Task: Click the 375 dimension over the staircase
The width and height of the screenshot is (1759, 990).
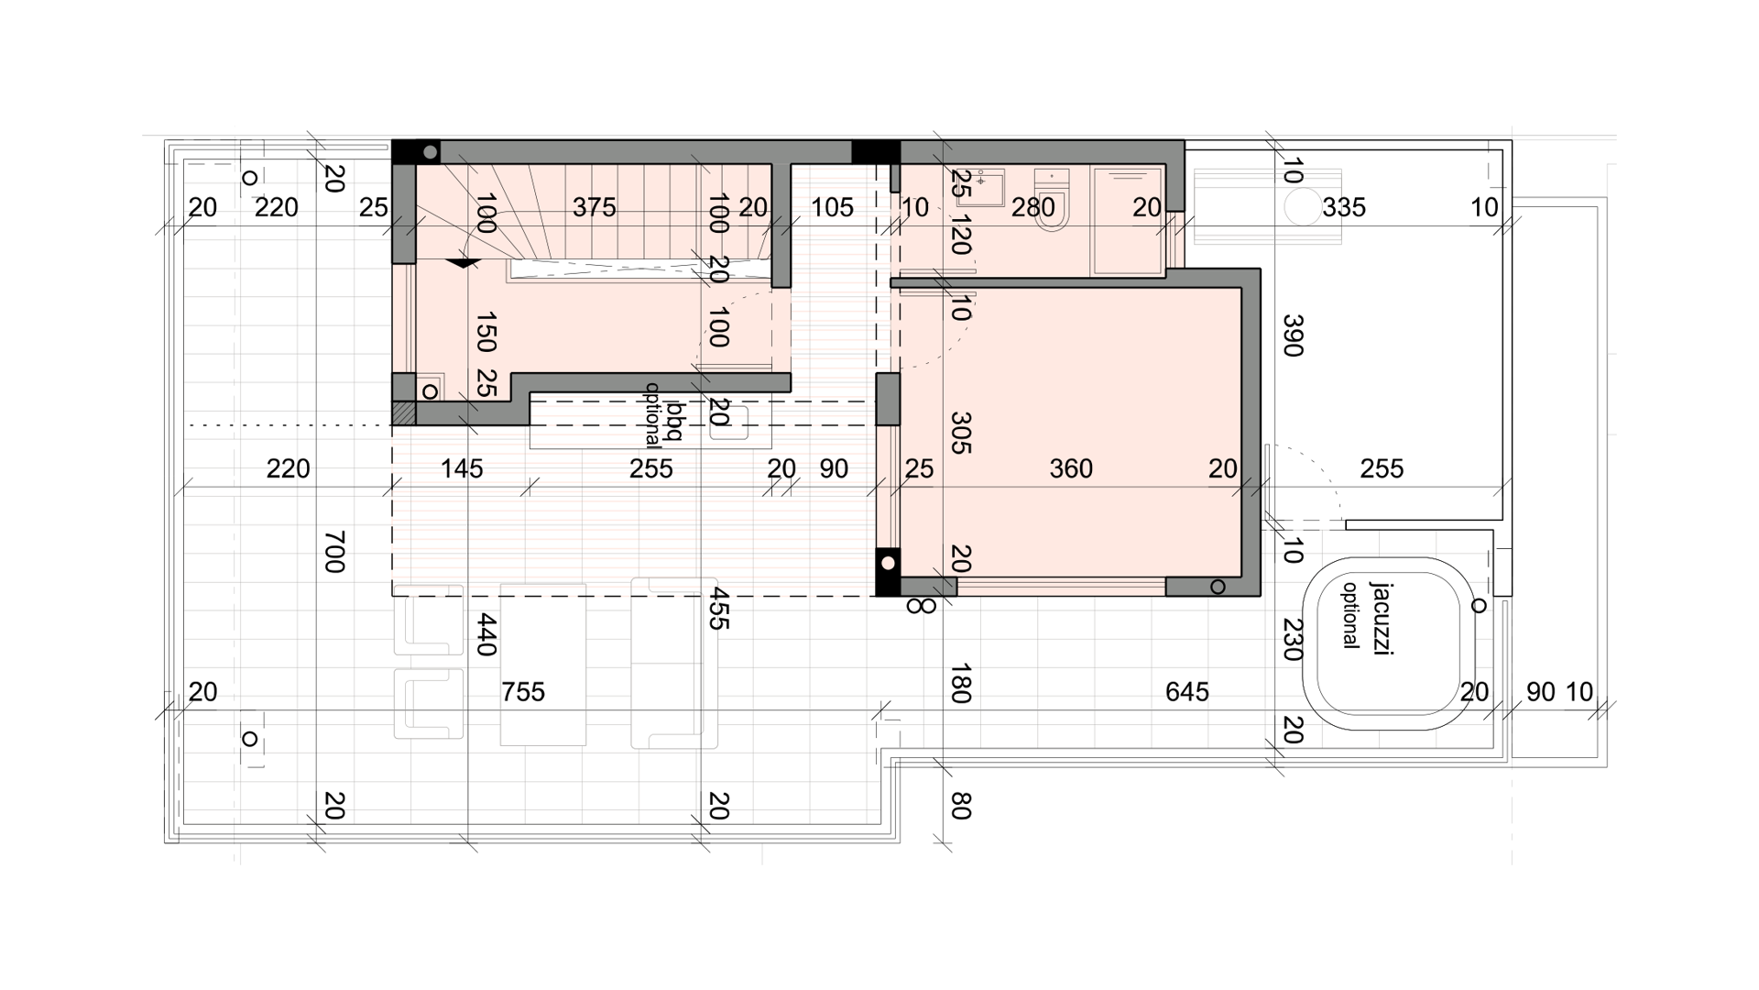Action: tap(595, 208)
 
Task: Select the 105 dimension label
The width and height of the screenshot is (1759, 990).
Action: tap(832, 208)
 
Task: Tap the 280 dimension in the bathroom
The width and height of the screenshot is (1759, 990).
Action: tap(1033, 208)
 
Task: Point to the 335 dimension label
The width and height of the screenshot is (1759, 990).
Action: tap(1344, 208)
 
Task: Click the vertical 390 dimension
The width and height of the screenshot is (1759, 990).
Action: tap(1292, 335)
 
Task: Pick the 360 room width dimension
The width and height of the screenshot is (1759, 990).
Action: tap(1071, 469)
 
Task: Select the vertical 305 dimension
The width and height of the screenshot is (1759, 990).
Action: tap(960, 433)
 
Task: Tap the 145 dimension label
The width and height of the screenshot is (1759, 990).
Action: tap(462, 469)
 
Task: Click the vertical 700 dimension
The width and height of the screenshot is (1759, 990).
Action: tap(334, 551)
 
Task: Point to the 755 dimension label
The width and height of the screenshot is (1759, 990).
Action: tap(523, 692)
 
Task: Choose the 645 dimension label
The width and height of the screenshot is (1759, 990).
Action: tap(1187, 692)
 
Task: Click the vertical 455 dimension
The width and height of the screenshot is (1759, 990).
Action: tap(718, 608)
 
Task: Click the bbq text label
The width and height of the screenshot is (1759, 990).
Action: tap(676, 421)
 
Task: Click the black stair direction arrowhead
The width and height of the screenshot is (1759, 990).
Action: tap(464, 264)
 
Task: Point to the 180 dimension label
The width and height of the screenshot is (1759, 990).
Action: tap(960, 684)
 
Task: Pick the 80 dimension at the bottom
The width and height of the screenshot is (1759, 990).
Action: tap(960, 807)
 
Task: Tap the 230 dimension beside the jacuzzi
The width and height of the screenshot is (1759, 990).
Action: tap(1292, 640)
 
